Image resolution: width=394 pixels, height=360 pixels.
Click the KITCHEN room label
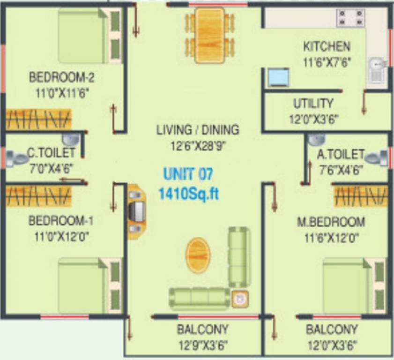point(327,46)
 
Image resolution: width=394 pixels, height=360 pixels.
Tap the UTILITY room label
point(313,103)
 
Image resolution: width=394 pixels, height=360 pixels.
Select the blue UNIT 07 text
point(188,174)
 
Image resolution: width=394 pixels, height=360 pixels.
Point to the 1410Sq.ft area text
point(188,193)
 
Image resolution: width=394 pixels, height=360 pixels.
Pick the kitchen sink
point(376,69)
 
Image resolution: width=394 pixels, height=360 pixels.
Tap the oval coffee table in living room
point(198,255)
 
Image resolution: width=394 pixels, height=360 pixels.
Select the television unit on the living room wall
point(136,211)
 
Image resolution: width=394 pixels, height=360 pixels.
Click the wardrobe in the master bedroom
point(361,196)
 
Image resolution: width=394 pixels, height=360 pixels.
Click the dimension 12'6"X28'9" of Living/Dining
point(198,145)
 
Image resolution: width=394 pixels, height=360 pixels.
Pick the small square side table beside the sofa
point(240,299)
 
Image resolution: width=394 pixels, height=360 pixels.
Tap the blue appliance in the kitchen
point(278,77)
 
